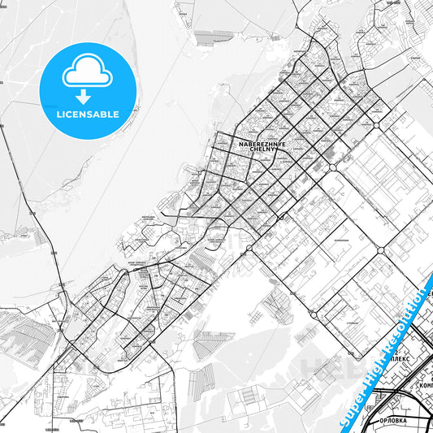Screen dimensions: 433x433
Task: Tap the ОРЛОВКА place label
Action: coord(398,421)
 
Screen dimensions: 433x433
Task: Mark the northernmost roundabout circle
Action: coord(377,126)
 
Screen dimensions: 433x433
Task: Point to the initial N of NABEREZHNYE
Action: coord(241,143)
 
